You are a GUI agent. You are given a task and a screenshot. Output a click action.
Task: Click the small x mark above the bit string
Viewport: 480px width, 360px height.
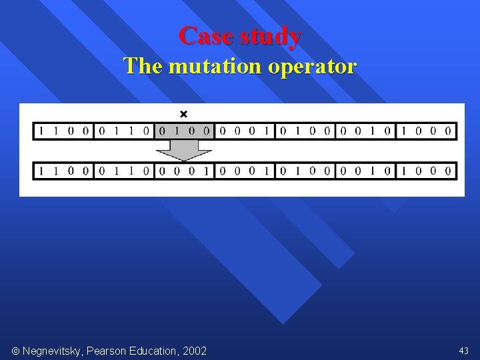[185, 115]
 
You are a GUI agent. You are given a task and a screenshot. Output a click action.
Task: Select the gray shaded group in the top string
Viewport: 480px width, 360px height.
[183, 131]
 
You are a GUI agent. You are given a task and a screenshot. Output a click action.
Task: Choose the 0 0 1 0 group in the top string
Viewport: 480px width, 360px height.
[365, 131]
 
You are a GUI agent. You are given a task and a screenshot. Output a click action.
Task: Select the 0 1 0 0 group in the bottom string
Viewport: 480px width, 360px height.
[305, 171]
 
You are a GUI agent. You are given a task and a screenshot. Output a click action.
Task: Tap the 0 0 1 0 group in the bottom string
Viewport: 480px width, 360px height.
[365, 171]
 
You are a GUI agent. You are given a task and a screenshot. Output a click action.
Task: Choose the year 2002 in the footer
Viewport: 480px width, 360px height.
[194, 351]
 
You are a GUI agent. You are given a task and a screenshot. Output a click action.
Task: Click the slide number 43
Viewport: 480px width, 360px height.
[463, 351]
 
